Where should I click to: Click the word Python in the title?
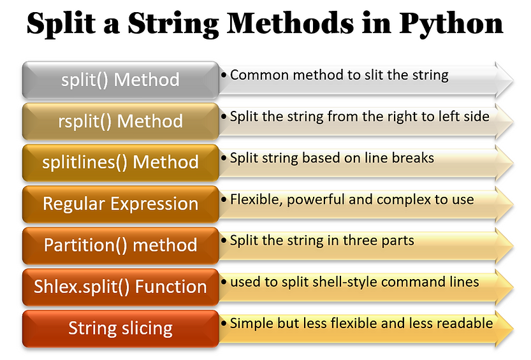pos(451,24)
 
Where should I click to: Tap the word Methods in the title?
pos(290,23)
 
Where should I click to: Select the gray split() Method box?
pos(120,80)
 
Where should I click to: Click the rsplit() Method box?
pos(120,122)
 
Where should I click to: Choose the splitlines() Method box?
pos(120,162)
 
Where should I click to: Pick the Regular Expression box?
pos(120,204)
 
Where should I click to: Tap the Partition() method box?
pos(120,245)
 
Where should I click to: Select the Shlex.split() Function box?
pos(120,287)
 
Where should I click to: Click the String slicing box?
pos(120,329)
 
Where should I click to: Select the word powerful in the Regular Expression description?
pos(316,200)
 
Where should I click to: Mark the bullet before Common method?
pos(224,75)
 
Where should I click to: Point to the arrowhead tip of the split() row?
pos(513,80)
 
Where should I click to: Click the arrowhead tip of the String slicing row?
pos(513,329)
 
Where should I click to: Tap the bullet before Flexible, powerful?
pos(224,199)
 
